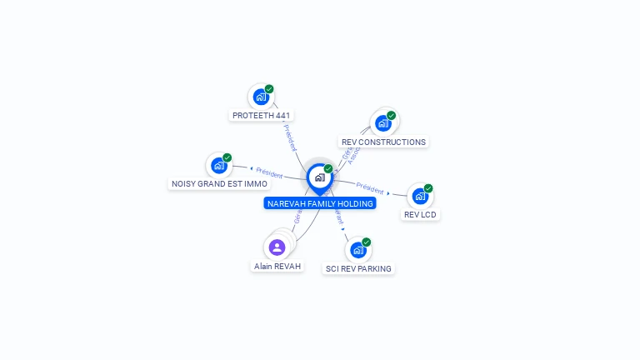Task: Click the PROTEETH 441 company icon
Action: (261, 97)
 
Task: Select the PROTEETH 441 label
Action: (262, 116)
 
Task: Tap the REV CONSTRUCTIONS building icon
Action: (382, 123)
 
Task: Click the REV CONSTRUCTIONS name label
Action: (383, 142)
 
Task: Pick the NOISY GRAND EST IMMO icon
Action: (219, 165)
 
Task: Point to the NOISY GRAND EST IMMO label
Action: (220, 184)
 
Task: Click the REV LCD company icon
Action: (420, 196)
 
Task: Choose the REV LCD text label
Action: (420, 215)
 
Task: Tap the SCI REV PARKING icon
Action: (358, 250)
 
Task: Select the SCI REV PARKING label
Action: (358, 269)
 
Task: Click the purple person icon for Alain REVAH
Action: (277, 247)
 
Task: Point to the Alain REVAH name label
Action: (277, 267)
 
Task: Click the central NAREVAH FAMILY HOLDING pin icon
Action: (319, 177)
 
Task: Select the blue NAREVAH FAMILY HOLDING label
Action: (320, 203)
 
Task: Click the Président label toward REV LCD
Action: (370, 188)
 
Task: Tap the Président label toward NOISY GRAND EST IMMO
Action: (269, 173)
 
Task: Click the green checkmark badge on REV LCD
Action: (428, 188)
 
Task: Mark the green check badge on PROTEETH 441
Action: (269, 89)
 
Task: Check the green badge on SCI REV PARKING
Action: (367, 242)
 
